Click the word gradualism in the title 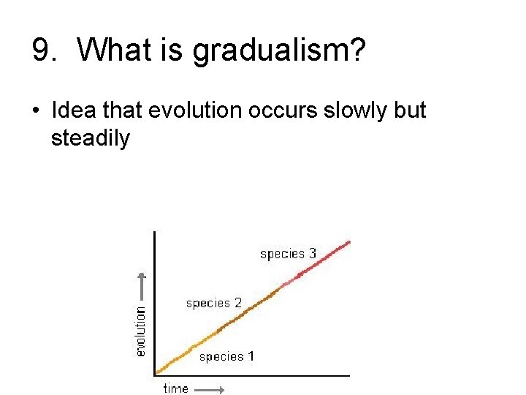pos(274,51)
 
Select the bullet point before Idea pos(36,111)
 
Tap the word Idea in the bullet pos(73,110)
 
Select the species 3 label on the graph pos(288,254)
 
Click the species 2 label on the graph pos(213,303)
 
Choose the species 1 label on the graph pos(226,356)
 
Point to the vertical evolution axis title pos(141,331)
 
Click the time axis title pos(175,388)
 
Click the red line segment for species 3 pos(321,260)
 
